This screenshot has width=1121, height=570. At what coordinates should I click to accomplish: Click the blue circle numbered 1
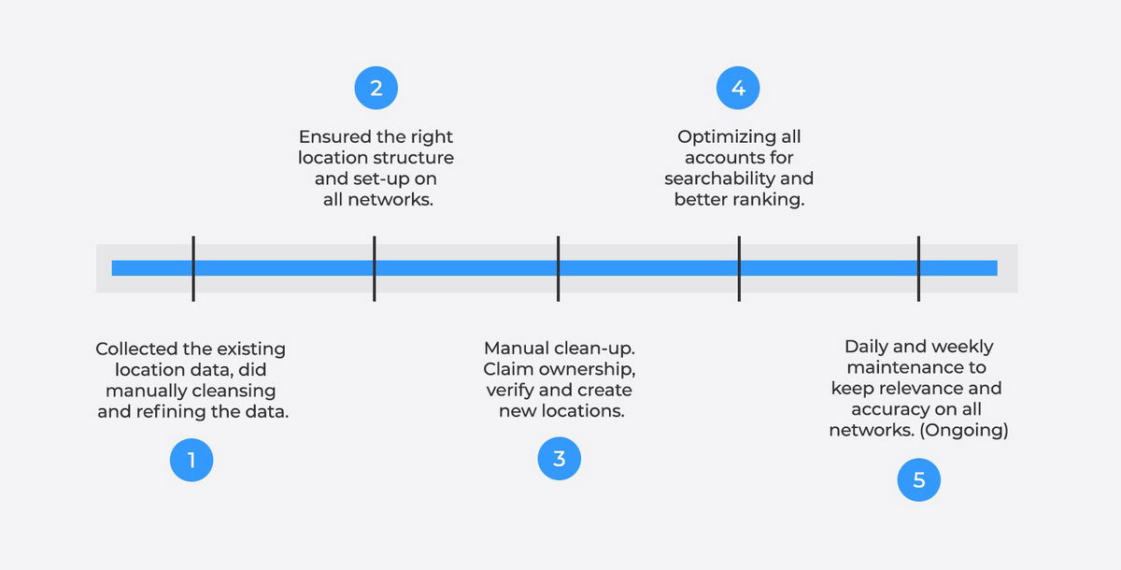coord(192,460)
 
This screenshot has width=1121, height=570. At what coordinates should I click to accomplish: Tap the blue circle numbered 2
coord(376,88)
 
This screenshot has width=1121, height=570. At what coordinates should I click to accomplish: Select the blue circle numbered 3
coord(559,459)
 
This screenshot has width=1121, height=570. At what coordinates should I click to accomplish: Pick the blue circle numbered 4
coord(738,88)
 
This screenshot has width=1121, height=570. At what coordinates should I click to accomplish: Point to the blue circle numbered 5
coord(919,480)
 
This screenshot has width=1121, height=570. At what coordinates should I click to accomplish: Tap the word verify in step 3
coord(509,391)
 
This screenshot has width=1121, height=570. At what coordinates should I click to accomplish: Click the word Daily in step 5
coord(863,347)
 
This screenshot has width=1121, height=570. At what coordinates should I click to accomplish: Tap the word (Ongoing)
coord(964,431)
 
